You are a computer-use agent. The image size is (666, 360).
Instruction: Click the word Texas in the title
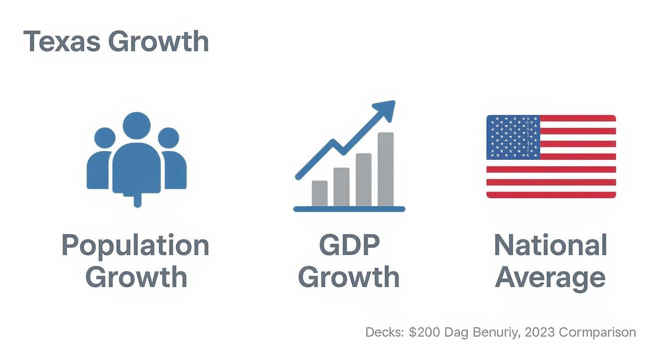point(62,41)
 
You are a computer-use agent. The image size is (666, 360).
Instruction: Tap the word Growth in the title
point(158,41)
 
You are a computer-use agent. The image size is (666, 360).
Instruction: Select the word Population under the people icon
point(135,245)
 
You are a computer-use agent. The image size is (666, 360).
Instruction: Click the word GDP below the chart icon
point(349,245)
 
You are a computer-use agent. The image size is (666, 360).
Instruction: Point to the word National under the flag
point(550,245)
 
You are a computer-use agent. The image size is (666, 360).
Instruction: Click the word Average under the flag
point(550,278)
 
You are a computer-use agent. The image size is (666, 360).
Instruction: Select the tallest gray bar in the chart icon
point(386,169)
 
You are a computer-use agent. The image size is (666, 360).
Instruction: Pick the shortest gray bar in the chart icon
point(320,193)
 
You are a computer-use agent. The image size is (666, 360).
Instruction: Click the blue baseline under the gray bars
point(349,209)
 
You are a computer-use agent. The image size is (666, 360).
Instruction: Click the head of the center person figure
point(136,125)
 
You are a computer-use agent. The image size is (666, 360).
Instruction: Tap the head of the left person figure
point(105,137)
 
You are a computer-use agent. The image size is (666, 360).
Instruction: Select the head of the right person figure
point(168,137)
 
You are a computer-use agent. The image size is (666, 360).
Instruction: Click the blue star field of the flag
point(513,137)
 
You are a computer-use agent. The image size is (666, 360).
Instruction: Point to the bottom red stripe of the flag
point(551,195)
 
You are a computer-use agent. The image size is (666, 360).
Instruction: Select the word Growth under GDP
point(349,278)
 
